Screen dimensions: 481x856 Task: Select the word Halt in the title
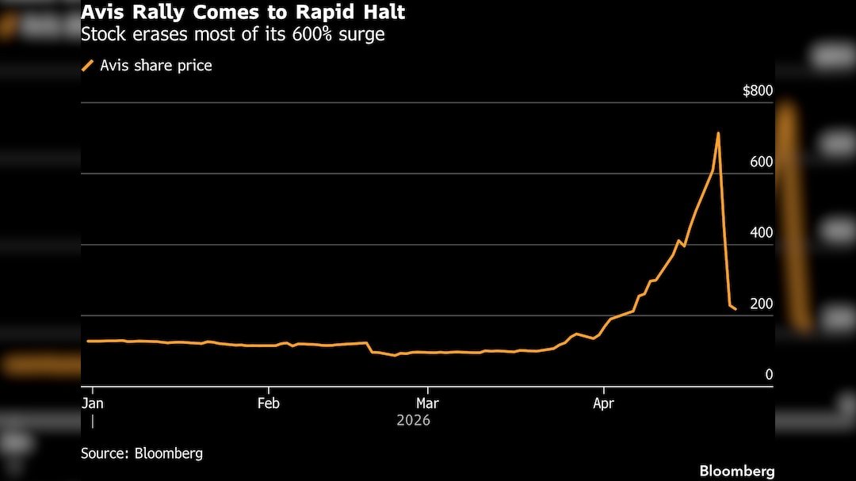pos(382,13)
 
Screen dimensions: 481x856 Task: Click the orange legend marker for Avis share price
pos(87,66)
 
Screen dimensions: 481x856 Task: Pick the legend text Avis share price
pos(155,66)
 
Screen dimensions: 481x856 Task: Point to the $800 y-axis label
pos(757,91)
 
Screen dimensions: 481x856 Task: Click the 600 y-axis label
pos(761,162)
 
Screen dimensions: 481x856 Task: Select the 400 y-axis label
pos(761,233)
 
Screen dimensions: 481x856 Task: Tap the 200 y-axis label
pos(761,304)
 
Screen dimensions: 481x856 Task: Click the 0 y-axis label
pos(768,375)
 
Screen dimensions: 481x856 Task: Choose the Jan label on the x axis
pos(93,403)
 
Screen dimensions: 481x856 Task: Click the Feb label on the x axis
pos(269,403)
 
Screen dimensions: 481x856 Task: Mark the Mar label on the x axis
pos(427,403)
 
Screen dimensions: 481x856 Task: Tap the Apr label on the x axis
pos(604,403)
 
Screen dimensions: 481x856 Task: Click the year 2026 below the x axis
pos(413,421)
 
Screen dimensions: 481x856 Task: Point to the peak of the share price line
pos(718,133)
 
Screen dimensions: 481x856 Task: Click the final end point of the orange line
pos(736,309)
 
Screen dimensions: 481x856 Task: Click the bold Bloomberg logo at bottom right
pos(736,471)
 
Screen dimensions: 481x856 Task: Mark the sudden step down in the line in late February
pos(370,347)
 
